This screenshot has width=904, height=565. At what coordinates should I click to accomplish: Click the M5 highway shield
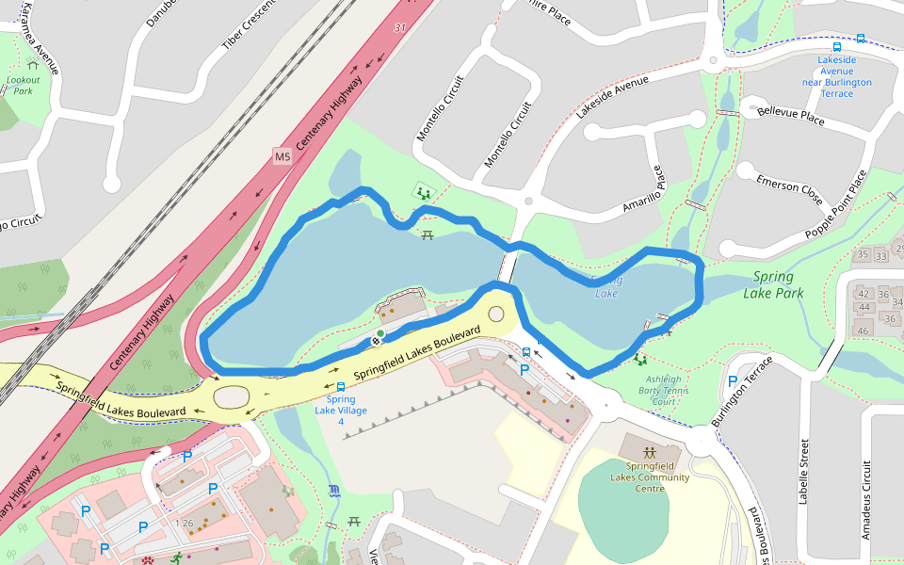(282, 156)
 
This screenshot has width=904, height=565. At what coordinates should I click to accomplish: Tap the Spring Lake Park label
(773, 285)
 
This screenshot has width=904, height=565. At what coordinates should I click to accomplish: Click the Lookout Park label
(23, 86)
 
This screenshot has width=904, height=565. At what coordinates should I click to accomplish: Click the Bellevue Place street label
(791, 116)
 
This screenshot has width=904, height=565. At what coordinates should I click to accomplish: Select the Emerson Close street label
(789, 187)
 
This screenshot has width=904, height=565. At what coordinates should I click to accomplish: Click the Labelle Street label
(803, 471)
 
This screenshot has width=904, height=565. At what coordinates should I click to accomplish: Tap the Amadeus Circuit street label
(867, 499)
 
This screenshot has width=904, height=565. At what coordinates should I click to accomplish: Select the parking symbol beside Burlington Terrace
(733, 381)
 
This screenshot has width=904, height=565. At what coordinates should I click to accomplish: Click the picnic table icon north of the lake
(428, 232)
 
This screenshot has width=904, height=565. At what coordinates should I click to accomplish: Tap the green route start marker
(379, 334)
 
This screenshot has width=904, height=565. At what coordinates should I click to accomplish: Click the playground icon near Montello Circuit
(421, 192)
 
